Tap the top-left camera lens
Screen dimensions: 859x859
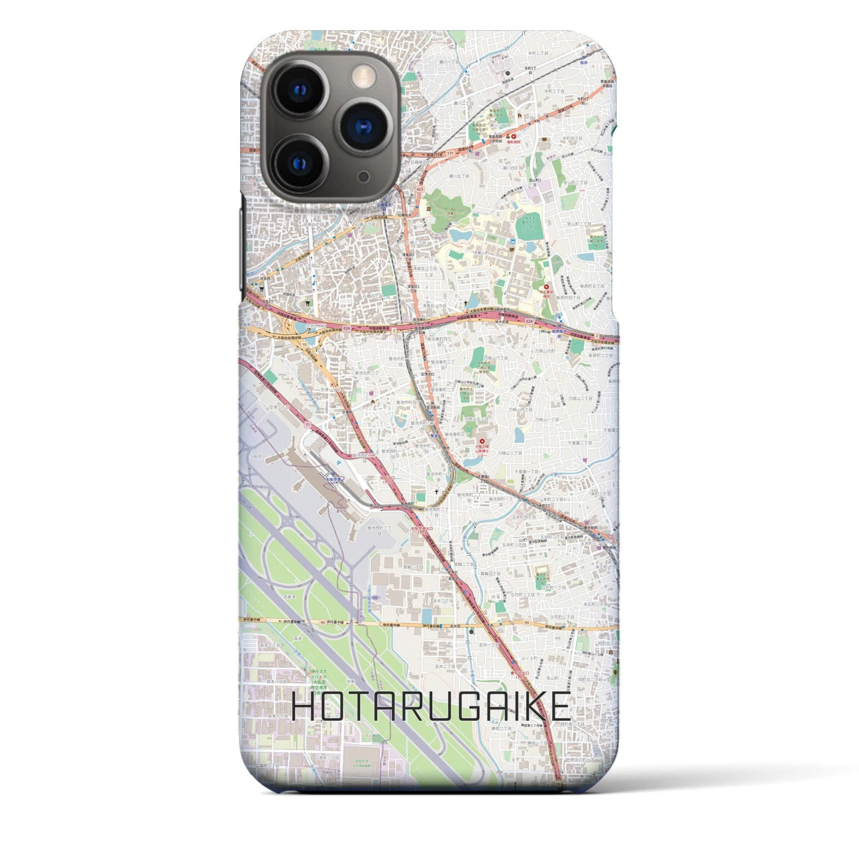click(x=299, y=89)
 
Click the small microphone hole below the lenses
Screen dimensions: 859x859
click(x=363, y=175)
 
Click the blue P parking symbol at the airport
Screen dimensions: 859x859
click(x=339, y=462)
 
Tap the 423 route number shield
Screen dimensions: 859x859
click(x=419, y=190)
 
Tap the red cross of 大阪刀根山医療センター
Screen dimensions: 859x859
click(x=481, y=441)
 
